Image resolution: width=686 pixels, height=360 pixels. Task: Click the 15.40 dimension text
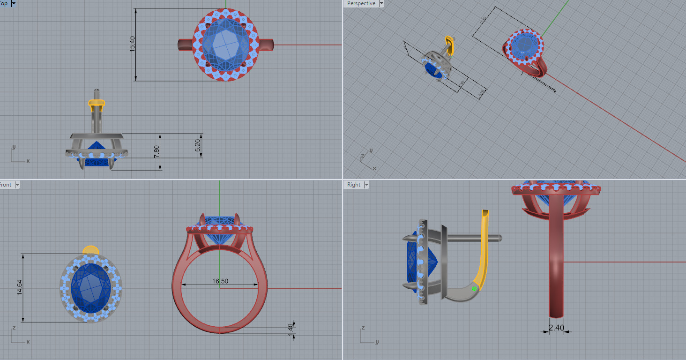coord(132,44)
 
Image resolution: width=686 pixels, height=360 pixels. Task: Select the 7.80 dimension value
coord(157,151)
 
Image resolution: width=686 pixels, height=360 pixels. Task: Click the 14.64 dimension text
coord(20,288)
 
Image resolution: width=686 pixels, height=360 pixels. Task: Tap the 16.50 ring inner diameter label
coord(220,281)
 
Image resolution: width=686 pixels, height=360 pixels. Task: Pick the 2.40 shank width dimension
coord(556,328)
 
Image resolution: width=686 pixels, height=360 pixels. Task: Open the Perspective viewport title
coord(361,3)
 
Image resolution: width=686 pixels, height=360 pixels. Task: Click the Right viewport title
coord(354,185)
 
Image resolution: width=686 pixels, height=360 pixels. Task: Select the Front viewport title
coord(6,185)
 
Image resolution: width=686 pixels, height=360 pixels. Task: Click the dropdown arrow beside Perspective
coord(381,3)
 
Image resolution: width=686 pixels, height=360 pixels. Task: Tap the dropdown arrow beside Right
coord(366,185)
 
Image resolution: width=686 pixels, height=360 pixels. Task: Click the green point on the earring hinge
coord(474,289)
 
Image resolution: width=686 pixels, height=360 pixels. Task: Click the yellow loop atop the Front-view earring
coord(90,249)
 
